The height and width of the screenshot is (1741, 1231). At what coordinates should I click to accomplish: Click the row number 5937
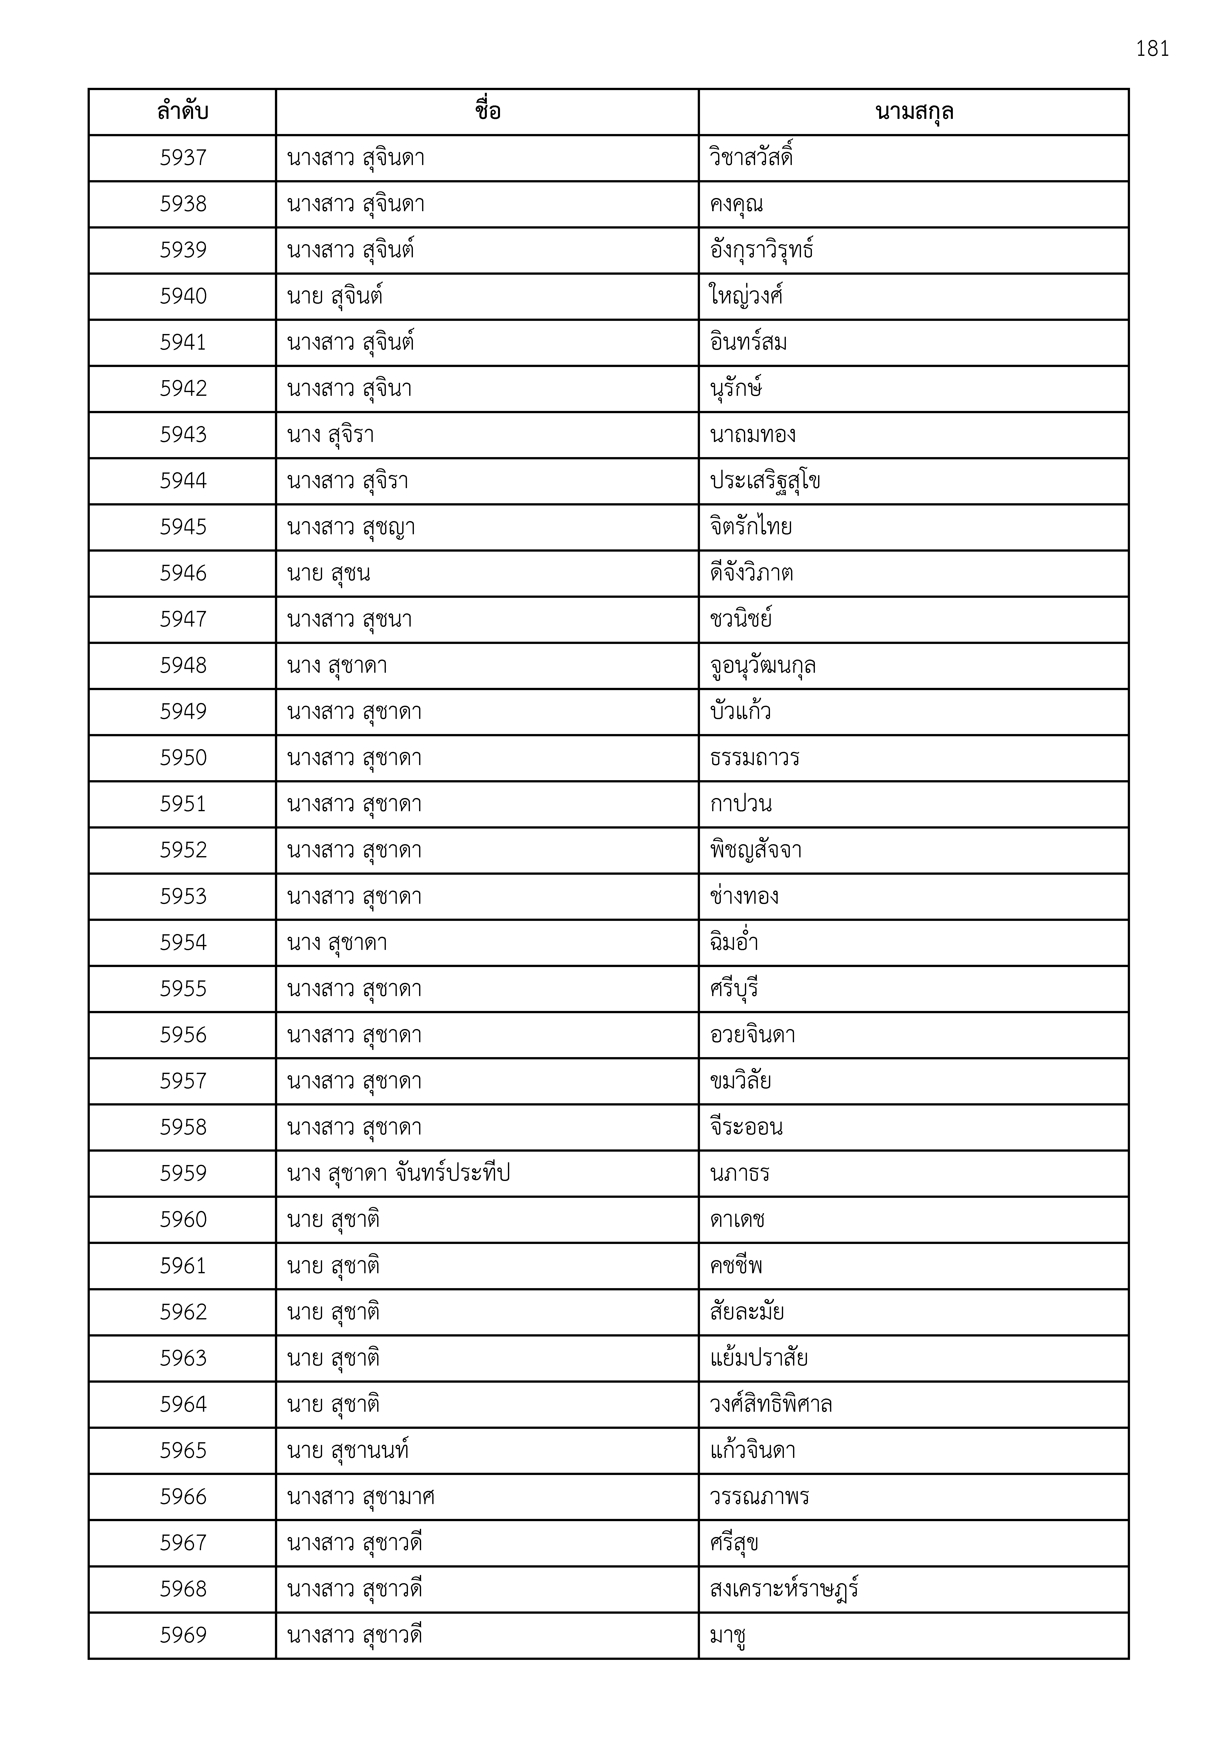pyautogui.click(x=183, y=158)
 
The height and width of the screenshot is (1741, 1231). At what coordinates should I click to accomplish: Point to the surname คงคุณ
pyautogui.click(x=736, y=204)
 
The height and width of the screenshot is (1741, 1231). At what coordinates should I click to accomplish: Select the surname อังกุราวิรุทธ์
pyautogui.click(x=762, y=250)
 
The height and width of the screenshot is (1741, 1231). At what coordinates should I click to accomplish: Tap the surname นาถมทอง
pyautogui.click(x=752, y=435)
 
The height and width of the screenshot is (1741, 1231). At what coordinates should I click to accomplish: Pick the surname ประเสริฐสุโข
pyautogui.click(x=765, y=481)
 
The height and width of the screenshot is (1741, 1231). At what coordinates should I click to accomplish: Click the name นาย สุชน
pyautogui.click(x=329, y=573)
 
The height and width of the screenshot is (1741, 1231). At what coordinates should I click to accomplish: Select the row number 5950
pyautogui.click(x=183, y=758)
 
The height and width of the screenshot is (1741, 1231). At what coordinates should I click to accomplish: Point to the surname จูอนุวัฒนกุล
pyautogui.click(x=762, y=666)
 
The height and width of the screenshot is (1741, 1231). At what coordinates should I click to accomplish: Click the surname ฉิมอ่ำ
pyautogui.click(x=734, y=942)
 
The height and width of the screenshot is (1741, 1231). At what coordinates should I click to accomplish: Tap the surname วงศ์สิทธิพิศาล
pyautogui.click(x=771, y=1404)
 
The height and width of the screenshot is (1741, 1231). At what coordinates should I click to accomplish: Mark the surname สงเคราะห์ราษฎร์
pyautogui.click(x=784, y=1589)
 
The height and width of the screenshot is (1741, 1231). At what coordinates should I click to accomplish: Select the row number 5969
pyautogui.click(x=183, y=1635)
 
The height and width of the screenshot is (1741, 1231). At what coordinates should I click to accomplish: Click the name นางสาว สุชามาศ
pyautogui.click(x=360, y=1497)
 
